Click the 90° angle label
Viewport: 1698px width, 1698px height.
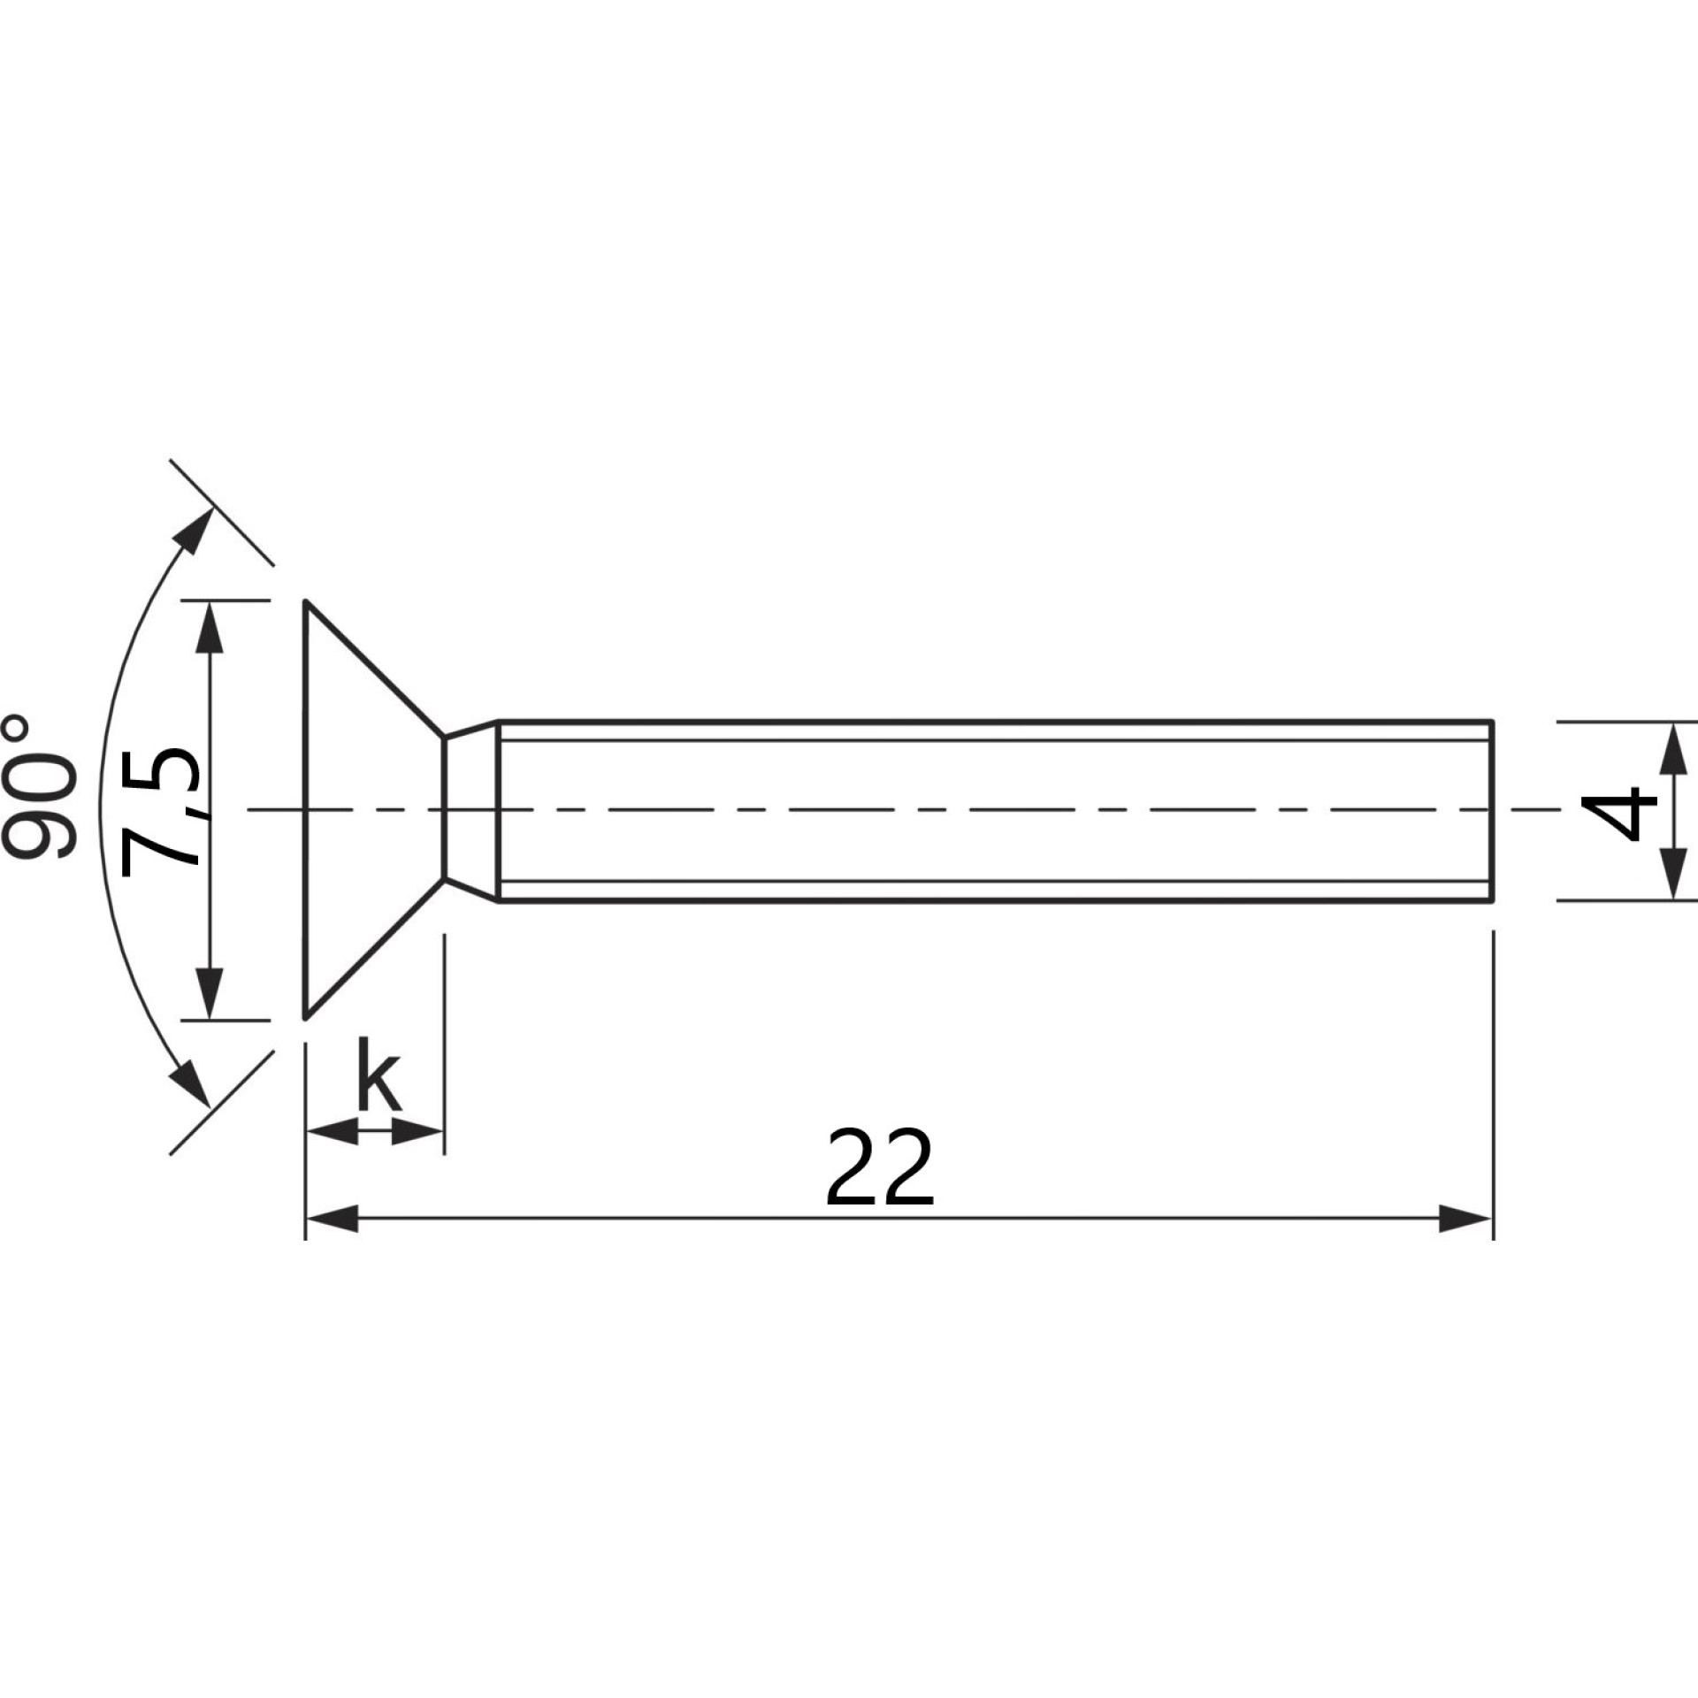point(41,788)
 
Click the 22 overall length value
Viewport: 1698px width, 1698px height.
point(880,1167)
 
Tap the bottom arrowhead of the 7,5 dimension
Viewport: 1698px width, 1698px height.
point(209,992)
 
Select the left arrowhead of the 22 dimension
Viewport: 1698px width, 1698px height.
point(332,1219)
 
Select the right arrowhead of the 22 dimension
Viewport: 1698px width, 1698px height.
point(1465,1219)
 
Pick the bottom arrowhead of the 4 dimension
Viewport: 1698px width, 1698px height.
point(1671,874)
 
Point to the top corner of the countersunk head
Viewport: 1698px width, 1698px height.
point(306,602)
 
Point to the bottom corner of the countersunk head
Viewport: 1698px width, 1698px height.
point(306,1018)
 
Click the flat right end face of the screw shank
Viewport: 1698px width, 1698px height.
point(1493,812)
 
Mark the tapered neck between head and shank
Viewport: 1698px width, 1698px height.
point(471,811)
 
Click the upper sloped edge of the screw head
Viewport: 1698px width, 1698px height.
point(374,669)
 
